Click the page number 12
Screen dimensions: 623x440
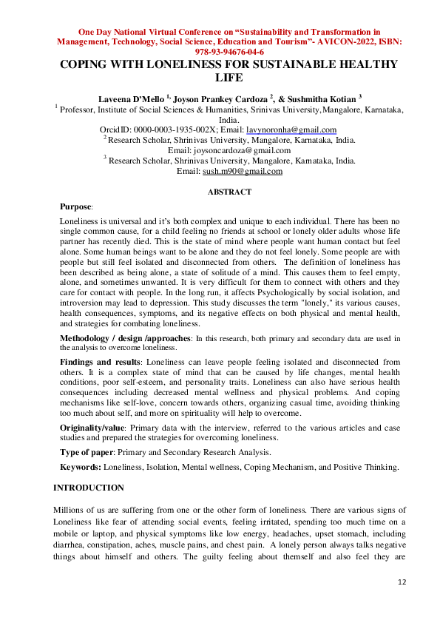click(x=402, y=582)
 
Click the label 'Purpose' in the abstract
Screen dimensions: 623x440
click(x=75, y=208)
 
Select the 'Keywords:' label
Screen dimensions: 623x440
click(x=81, y=467)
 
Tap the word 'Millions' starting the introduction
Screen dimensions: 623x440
click(x=71, y=511)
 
